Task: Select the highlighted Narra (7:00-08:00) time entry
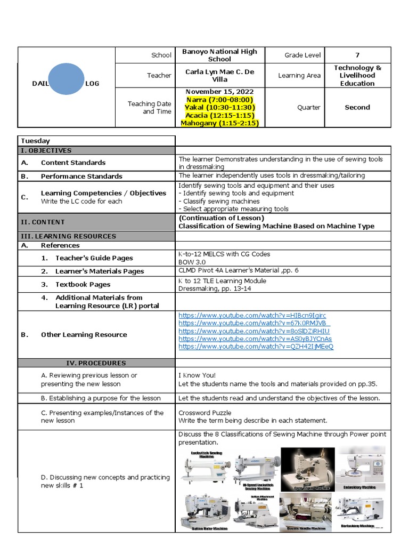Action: coord(219,100)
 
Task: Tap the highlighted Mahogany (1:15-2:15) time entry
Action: coord(219,123)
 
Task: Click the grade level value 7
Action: coord(357,55)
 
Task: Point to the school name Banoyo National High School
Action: coord(219,55)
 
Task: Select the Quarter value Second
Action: coord(357,107)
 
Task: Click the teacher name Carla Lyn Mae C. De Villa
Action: coord(219,75)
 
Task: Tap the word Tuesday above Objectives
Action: coord(35,141)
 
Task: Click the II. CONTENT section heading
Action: coord(43,222)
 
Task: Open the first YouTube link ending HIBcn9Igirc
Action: coord(252,316)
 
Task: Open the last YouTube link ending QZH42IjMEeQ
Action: coord(256,347)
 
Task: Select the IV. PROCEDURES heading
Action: coord(96,363)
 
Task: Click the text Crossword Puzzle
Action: coord(204,413)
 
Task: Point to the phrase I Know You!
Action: coord(197,375)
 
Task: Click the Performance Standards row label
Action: coord(81,176)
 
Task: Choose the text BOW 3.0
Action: coord(192,262)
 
